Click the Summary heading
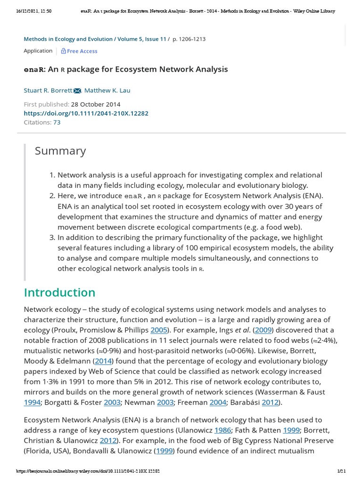(x=60, y=151)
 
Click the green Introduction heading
(x=59, y=292)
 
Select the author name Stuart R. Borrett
(x=48, y=91)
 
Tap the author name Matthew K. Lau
(x=107, y=91)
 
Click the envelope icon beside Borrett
(x=77, y=91)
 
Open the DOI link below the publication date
(x=86, y=113)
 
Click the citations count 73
(x=57, y=122)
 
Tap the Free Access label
(x=82, y=51)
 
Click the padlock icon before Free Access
(x=64, y=51)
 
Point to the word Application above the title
(x=38, y=50)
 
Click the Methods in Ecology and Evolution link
(x=68, y=39)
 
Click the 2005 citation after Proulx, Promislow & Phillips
(x=159, y=330)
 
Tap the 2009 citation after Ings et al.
(x=263, y=330)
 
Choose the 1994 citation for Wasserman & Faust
(x=32, y=402)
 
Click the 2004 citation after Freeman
(x=218, y=402)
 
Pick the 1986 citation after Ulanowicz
(x=222, y=430)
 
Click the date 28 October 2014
(x=96, y=104)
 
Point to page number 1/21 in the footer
(x=342, y=471)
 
